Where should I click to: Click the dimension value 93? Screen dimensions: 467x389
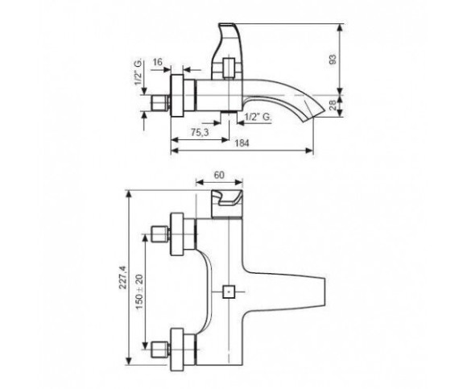point(333,60)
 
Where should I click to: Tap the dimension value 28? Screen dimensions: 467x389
point(333,106)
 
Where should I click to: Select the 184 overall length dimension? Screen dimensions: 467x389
point(242,143)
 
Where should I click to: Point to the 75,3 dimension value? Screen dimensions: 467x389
point(200,133)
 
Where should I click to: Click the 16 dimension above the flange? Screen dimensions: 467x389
point(158,62)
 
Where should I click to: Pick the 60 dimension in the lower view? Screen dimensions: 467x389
point(219,175)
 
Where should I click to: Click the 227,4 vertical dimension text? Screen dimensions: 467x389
point(123,277)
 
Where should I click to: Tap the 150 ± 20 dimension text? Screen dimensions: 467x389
point(140,292)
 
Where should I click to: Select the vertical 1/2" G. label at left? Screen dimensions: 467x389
point(138,73)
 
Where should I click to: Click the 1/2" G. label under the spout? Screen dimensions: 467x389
point(258,117)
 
